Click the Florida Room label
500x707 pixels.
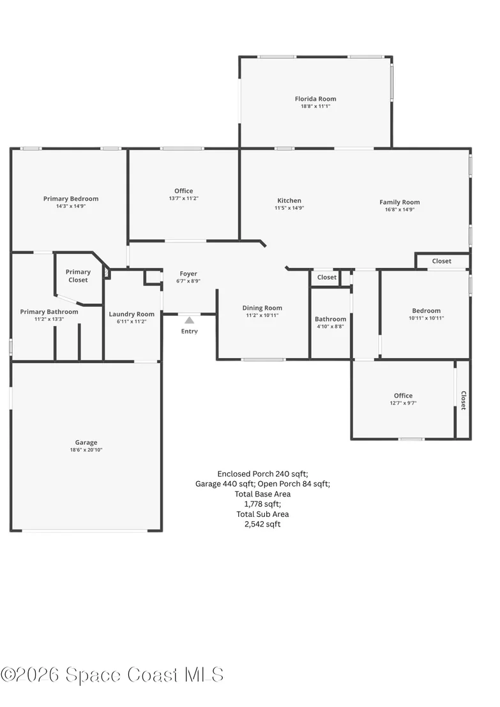(315, 99)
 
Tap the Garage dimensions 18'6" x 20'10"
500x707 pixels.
(86, 450)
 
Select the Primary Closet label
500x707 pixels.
(78, 276)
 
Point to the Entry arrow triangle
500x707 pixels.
(190, 320)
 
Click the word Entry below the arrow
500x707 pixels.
(190, 331)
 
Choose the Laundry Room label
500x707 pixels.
(132, 314)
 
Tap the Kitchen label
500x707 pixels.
(289, 200)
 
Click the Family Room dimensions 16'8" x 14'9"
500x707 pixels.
(400, 209)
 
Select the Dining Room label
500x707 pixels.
(262, 308)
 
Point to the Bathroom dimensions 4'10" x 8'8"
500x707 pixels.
(330, 326)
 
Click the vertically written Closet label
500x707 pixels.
(464, 400)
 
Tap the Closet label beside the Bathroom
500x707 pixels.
(327, 278)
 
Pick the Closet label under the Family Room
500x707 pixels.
(442, 261)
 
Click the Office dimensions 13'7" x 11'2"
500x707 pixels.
(184, 198)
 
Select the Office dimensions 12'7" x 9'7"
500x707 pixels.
(403, 403)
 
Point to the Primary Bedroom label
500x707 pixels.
(71, 198)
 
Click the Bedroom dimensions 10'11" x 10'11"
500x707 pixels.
(427, 318)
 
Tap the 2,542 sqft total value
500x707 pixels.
(262, 524)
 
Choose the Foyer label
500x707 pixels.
(188, 274)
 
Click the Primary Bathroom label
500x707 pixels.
(49, 311)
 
